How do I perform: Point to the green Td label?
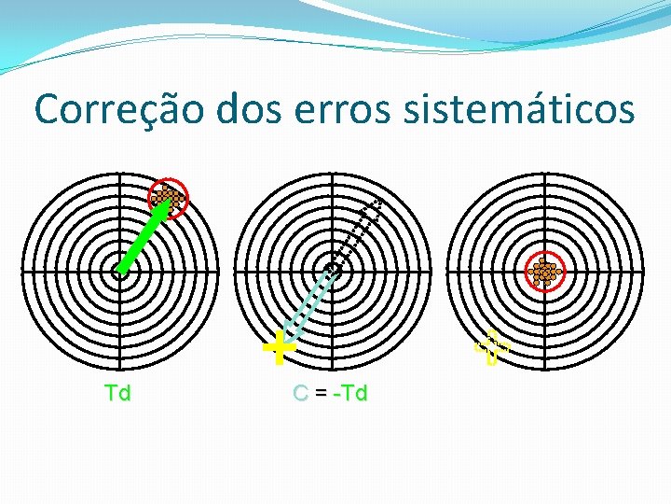point(118,393)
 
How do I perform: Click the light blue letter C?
point(300,393)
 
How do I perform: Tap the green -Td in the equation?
point(350,393)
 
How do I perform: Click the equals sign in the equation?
point(321,394)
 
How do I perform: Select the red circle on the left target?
point(169,198)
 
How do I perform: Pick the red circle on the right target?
point(543,272)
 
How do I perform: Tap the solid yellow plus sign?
point(278,349)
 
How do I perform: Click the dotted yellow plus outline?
point(492,348)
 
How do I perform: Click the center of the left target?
point(119,272)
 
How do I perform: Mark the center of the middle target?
point(333,271)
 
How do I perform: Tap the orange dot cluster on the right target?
point(543,272)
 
